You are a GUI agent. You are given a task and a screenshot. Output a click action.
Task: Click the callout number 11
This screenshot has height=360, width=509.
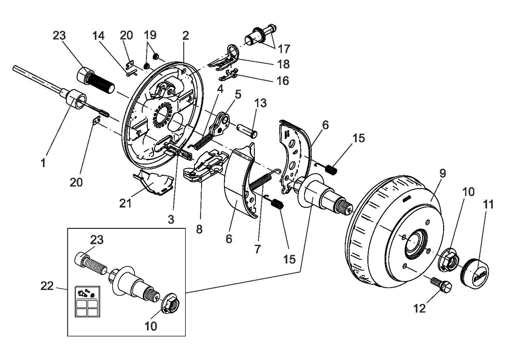point(488,204)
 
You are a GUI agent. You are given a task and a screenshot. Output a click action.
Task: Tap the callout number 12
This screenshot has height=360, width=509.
point(420,309)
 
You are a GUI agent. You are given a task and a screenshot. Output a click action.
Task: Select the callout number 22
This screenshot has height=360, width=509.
point(47,286)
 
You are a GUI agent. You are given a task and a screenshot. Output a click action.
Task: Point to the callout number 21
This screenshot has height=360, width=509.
point(126,203)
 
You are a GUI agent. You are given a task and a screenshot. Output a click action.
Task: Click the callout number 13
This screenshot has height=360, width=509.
point(261,103)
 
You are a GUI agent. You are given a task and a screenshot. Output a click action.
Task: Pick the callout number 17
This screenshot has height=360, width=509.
point(284,49)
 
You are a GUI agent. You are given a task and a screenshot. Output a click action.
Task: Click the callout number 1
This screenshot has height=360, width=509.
point(43,163)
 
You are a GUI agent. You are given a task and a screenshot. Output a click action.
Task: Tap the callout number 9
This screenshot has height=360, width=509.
point(443,173)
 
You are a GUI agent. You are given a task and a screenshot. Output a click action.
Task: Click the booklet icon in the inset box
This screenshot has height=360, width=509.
point(87,301)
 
